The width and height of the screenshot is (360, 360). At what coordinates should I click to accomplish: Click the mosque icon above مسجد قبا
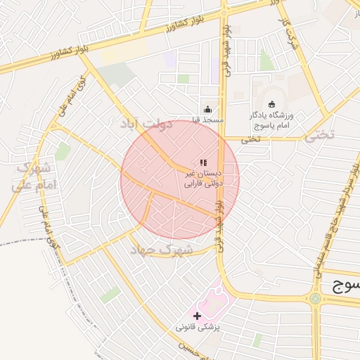[207, 109]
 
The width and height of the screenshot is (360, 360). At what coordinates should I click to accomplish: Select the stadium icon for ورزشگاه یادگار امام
[273, 104]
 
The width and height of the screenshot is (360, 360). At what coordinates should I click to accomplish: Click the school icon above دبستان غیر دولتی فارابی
[203, 162]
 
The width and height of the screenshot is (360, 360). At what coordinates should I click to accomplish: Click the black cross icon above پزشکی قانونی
[197, 316]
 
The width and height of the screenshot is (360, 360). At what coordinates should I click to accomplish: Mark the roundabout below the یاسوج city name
[314, 298]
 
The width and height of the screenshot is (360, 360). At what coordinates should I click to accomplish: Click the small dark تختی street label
[250, 139]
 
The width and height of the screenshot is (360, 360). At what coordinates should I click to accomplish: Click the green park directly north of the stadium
[267, 60]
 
